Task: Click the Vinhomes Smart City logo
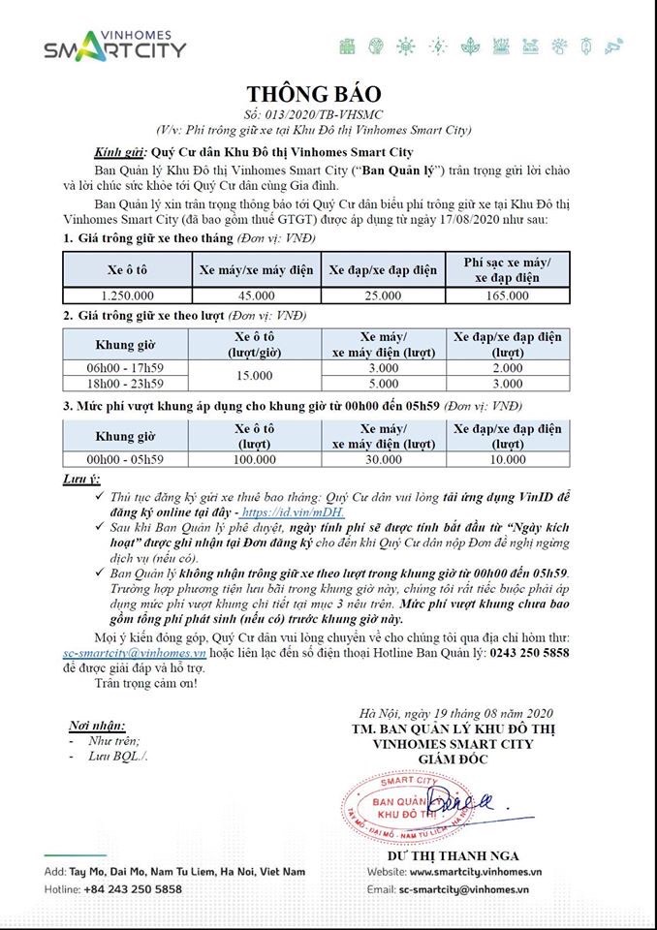pos(114,44)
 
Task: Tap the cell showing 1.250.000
pos(127,294)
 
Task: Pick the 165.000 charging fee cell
pos(507,294)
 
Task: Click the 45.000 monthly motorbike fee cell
pos(257,294)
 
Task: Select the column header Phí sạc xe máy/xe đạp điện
pos(507,269)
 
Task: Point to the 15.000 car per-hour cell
pos(257,375)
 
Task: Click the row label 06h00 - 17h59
pos(127,367)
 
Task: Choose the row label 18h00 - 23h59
pos(127,383)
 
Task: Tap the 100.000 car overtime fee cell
pos(257,460)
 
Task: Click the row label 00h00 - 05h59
pos(127,460)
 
